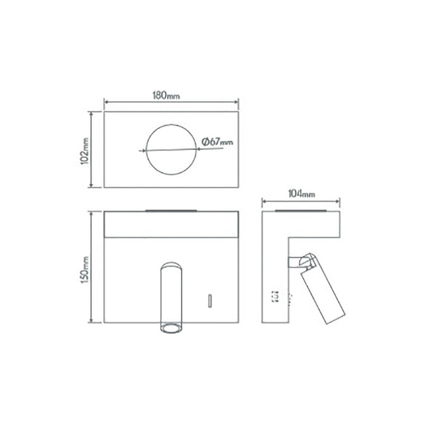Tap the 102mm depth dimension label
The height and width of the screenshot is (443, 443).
84,150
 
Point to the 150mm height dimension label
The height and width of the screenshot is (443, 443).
84,266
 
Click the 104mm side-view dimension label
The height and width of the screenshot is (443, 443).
302,195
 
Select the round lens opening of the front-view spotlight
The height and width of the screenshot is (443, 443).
170,327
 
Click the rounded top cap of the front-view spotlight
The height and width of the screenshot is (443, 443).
170,264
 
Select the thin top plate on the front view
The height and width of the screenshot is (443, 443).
170,211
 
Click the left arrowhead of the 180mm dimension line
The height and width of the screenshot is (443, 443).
106,102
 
